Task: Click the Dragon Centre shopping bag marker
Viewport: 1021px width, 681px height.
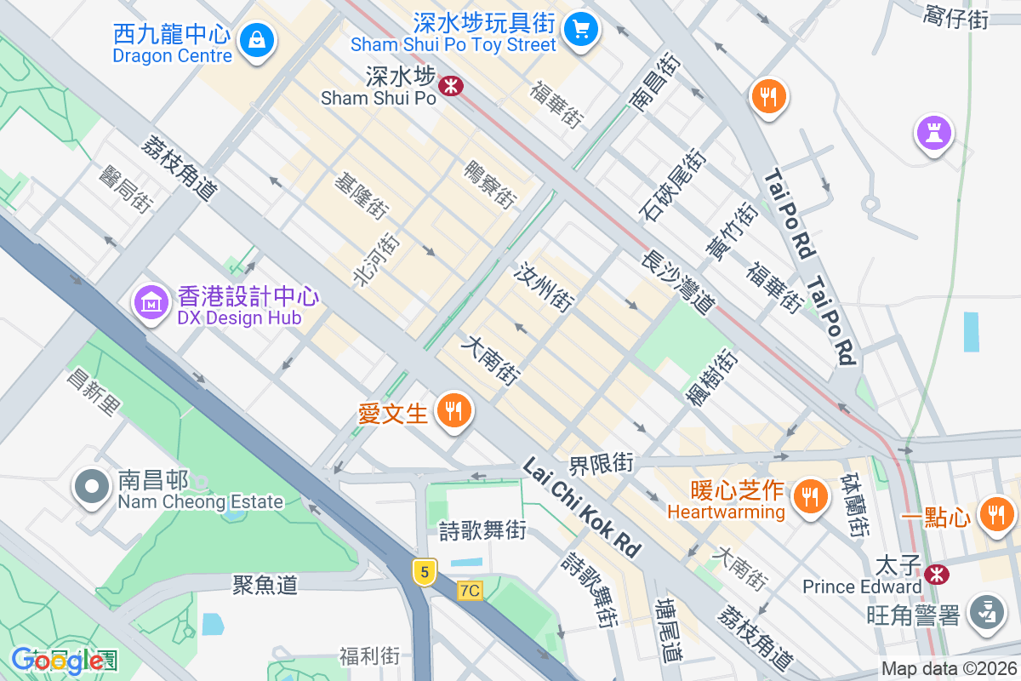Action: coord(255,39)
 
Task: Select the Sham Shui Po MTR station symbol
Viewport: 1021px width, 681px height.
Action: coord(450,84)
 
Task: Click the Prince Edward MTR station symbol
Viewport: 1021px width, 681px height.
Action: coord(938,575)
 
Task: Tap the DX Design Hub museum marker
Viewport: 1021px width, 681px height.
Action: coord(151,301)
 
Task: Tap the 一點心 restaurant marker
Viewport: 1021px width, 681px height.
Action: coord(995,513)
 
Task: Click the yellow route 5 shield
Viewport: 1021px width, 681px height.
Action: coord(425,570)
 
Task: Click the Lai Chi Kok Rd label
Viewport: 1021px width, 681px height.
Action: coord(581,507)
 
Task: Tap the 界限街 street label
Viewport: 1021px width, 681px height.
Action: coord(602,464)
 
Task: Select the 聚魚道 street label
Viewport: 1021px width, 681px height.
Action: coord(265,584)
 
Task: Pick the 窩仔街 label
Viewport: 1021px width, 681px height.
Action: coord(955,16)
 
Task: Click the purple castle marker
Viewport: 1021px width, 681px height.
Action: coord(933,132)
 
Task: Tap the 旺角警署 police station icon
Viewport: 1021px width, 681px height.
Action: coord(987,612)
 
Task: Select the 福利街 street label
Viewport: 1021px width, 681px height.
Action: coord(369,656)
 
